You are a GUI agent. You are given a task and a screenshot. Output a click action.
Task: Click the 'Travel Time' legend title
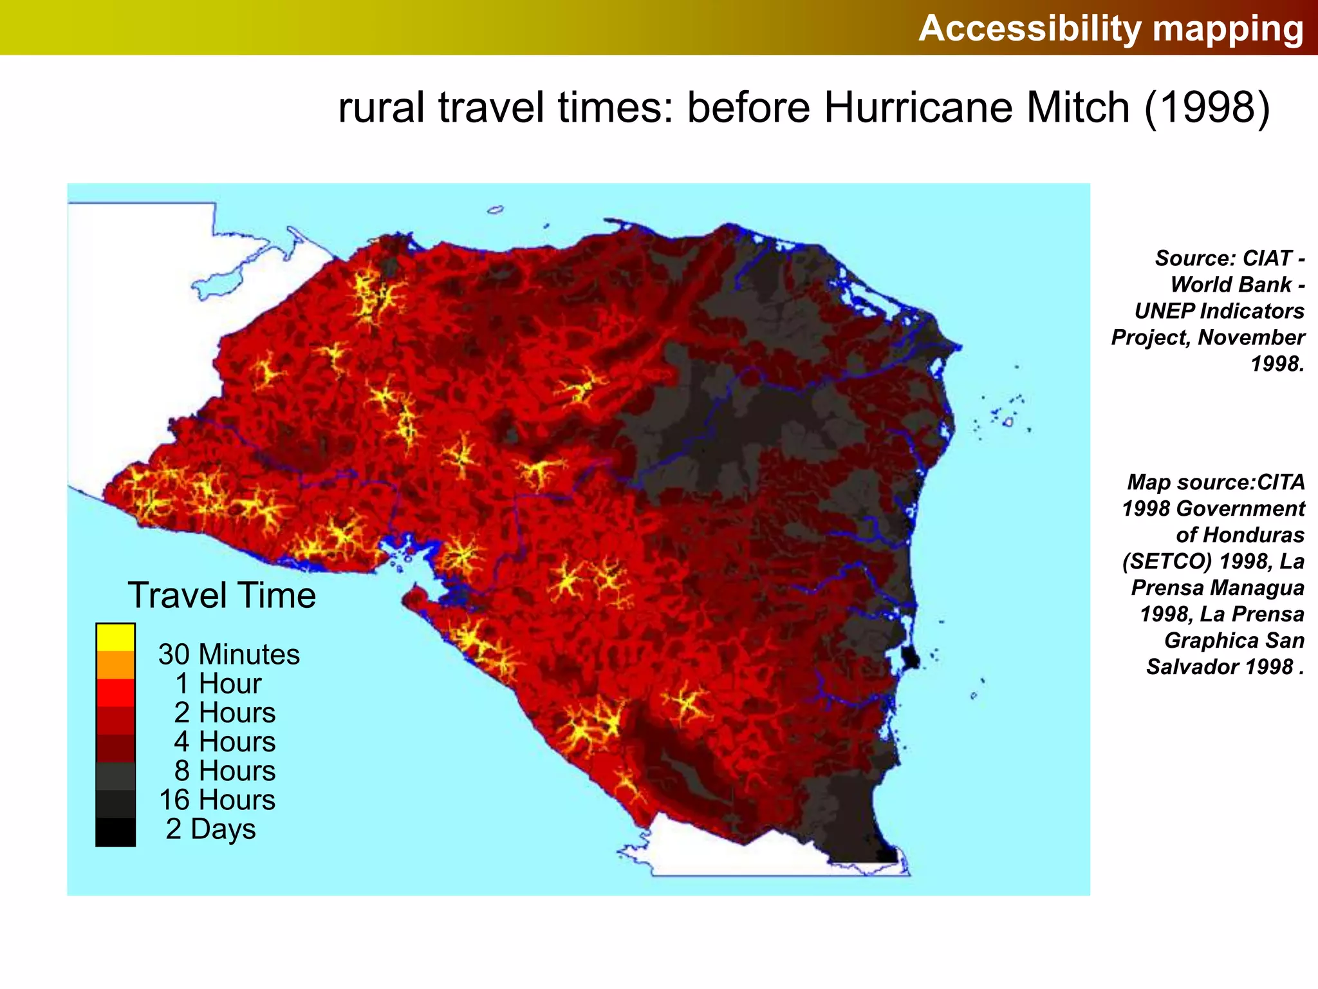point(222,595)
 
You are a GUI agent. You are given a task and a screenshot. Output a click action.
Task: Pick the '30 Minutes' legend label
point(229,654)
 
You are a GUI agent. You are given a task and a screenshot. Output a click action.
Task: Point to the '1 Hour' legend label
point(218,683)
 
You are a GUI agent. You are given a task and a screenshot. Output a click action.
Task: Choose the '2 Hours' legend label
point(225,713)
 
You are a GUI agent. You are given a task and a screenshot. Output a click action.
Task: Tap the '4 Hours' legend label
point(225,742)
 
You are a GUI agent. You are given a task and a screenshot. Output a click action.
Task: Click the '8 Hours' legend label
point(225,771)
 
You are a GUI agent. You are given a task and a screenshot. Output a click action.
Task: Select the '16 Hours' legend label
point(218,800)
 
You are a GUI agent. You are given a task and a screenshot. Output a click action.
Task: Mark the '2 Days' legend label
point(210,829)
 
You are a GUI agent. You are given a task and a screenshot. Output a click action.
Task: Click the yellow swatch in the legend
point(116,637)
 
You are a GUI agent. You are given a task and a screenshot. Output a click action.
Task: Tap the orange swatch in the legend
point(116,665)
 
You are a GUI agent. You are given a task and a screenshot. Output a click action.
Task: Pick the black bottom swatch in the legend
point(116,832)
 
